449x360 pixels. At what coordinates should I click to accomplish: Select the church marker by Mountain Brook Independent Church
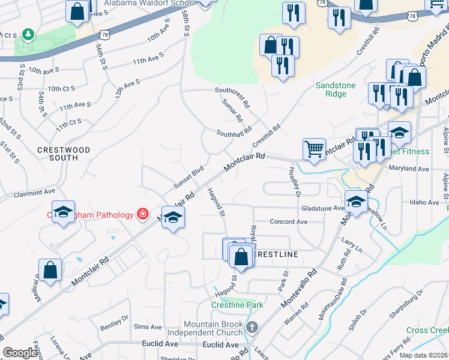tap(252, 328)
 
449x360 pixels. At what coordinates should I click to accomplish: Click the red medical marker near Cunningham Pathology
tap(142, 214)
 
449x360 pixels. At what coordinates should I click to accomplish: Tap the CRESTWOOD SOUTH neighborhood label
tap(63, 154)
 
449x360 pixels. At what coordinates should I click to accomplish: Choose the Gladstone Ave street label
tap(322, 208)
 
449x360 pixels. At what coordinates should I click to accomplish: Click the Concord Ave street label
tap(288, 221)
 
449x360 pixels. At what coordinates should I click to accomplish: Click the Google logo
tap(20, 353)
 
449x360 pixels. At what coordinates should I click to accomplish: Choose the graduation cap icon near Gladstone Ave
tap(356, 201)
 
